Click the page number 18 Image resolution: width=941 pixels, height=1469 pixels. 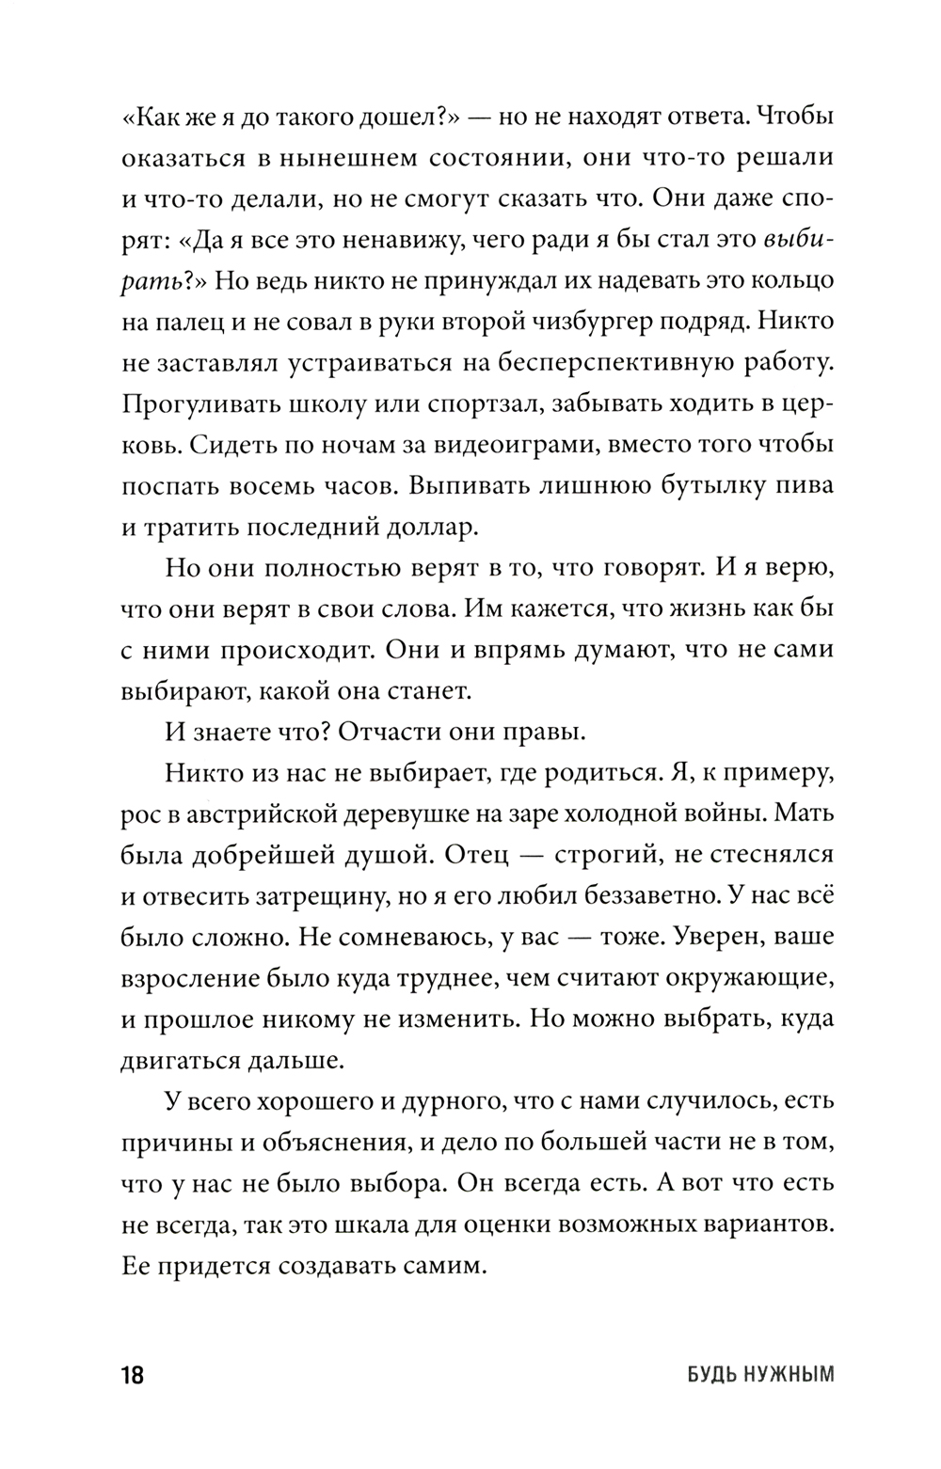132,1375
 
